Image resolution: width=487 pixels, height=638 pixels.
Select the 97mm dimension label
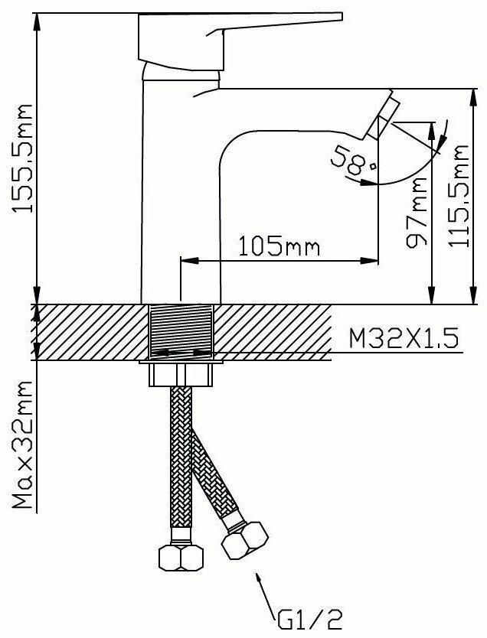point(417,212)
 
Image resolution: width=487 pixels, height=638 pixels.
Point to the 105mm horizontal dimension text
point(279,246)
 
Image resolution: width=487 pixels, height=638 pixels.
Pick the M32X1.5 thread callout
point(404,339)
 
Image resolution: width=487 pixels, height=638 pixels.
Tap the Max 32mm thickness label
point(23,444)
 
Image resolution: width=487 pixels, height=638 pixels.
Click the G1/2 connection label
point(310,620)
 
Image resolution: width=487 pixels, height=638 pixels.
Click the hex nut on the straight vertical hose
point(181,558)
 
